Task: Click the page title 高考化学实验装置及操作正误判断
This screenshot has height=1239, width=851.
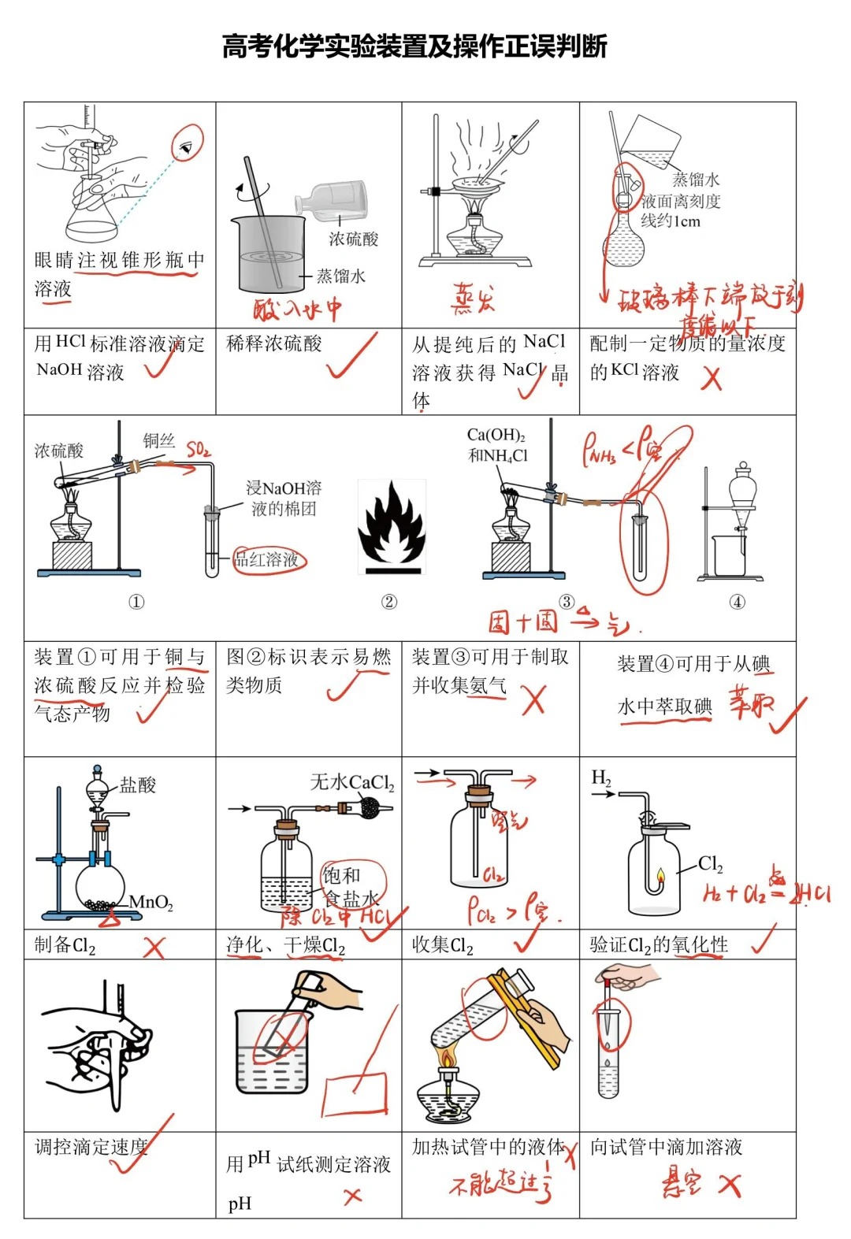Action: [414, 46]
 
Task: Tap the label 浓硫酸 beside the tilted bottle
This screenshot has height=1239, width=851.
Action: [353, 239]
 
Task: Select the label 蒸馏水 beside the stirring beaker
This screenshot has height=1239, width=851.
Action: [340, 276]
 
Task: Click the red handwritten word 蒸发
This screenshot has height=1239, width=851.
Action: [473, 299]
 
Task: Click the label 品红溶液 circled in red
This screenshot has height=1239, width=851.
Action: [268, 559]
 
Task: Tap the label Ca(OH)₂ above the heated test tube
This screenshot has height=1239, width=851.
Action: [496, 436]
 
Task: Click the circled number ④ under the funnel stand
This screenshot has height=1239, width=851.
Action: [737, 602]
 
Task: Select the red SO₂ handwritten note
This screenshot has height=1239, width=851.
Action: [199, 450]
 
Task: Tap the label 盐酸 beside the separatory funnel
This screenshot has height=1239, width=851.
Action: [138, 785]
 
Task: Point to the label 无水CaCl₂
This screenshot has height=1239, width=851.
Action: [351, 782]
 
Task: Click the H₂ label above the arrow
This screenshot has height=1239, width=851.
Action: [600, 778]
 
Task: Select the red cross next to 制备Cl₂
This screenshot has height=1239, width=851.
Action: [154, 947]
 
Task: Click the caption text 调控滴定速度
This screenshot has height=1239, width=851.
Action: [91, 1147]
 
